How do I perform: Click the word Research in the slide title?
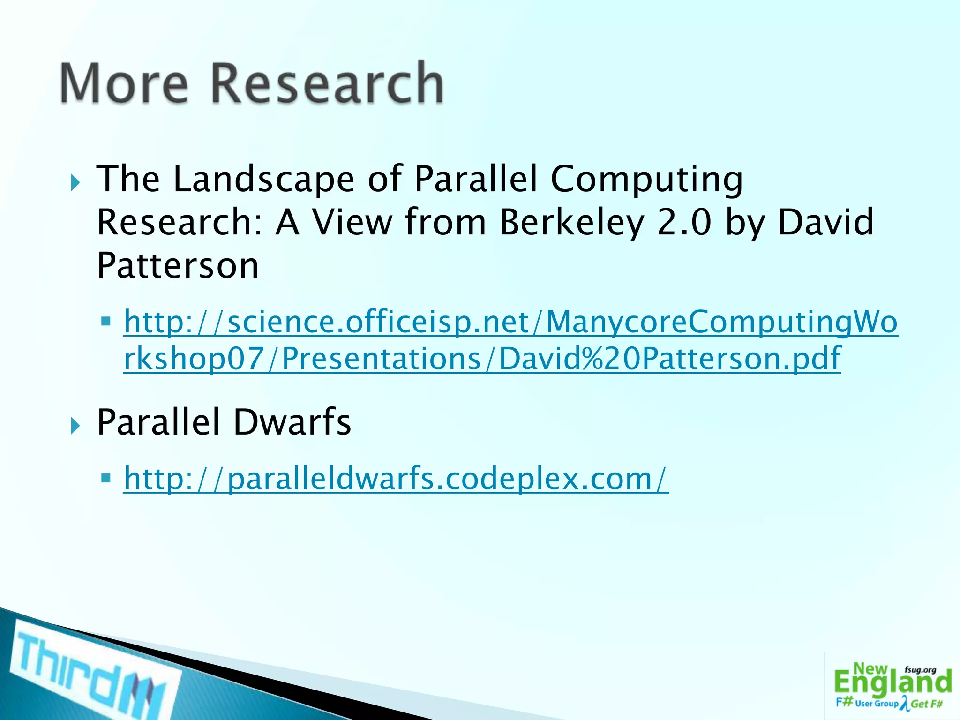tap(327, 83)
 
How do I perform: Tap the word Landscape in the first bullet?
tap(264, 180)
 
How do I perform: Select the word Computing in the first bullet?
tap(646, 180)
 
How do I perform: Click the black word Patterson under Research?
tap(178, 265)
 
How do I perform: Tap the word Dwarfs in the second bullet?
tap(292, 422)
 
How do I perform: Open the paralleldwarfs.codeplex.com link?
tap(396, 479)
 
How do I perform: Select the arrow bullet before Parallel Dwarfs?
tap(75, 426)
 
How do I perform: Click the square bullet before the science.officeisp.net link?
tap(106, 322)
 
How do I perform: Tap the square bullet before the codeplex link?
tap(106, 479)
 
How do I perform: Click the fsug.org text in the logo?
tap(920, 670)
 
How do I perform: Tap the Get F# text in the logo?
tap(927, 704)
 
